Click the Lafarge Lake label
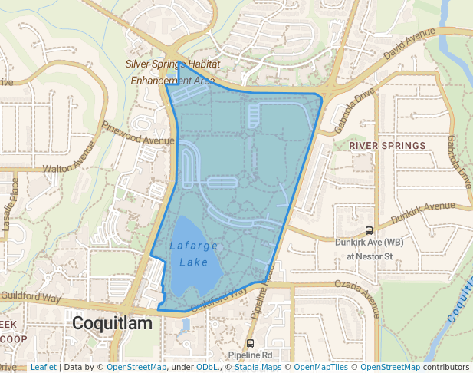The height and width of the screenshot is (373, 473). pos(194,254)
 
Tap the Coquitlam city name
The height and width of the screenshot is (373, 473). pos(112,324)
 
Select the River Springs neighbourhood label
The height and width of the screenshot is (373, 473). pos(387,145)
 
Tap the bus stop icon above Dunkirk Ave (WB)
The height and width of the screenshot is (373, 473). pos(369,229)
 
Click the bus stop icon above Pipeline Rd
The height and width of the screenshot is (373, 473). pos(250,343)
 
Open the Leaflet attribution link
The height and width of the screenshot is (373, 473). pos(43,368)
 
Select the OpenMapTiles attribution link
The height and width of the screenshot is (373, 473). pos(321,368)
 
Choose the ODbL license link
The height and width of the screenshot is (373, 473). pos(206,368)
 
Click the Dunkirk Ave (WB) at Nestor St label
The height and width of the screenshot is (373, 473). pos(369,249)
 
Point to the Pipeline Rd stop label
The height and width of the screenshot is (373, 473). pos(250,355)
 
